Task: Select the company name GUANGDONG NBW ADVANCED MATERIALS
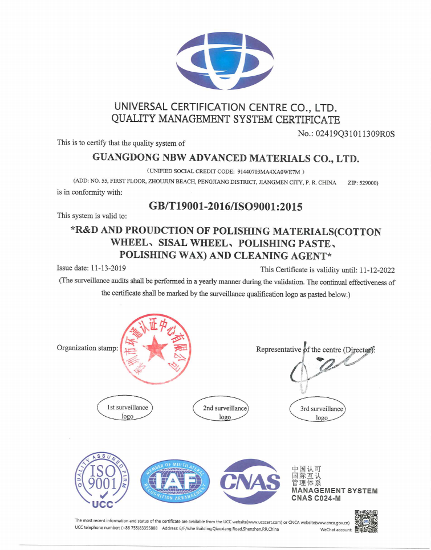[226, 158]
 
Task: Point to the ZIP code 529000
[363, 183]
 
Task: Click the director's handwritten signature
[327, 367]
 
